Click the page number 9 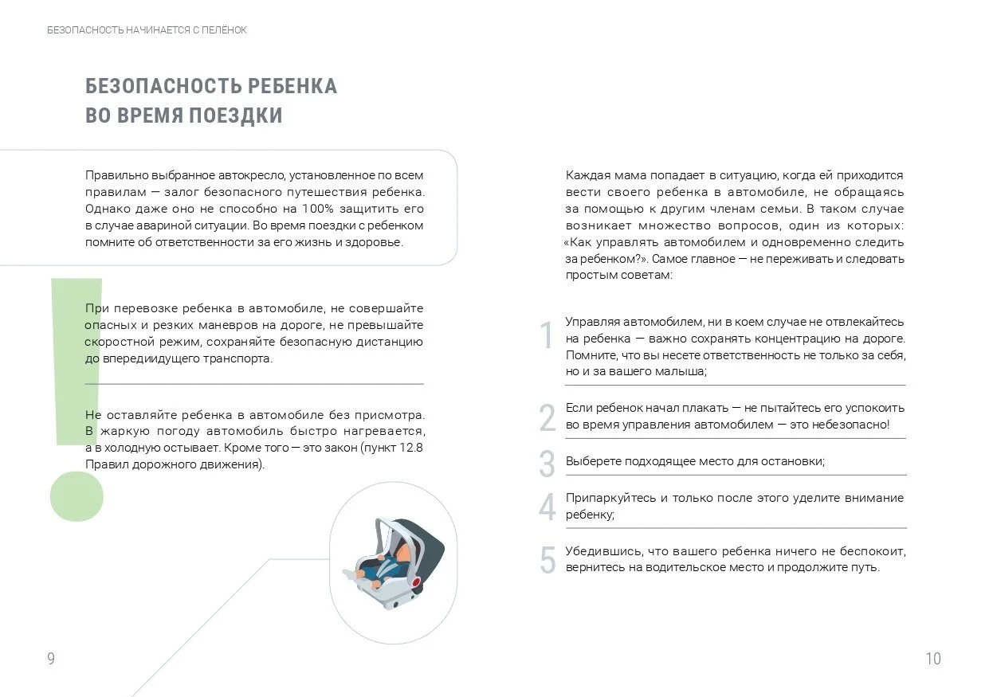pos(51,659)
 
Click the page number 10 pos(932,659)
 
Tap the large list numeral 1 pos(547,336)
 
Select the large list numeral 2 pos(547,418)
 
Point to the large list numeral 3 pos(547,464)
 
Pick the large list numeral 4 pos(547,507)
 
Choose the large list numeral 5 pos(547,561)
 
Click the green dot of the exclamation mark pos(77,496)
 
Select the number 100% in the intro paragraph pos(318,209)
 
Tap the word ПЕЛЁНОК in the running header pos(225,30)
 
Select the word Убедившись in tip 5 pos(598,551)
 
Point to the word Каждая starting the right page pos(587,175)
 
